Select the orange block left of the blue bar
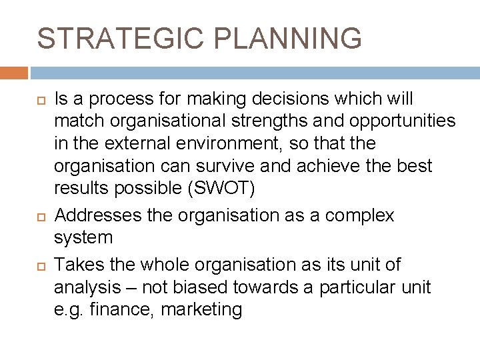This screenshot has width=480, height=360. [14, 73]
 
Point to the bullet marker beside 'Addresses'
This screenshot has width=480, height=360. [40, 216]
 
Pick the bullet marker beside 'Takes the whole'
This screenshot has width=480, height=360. [40, 265]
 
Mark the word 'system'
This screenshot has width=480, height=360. [83, 237]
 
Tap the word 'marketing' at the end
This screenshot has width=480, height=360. [206, 310]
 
